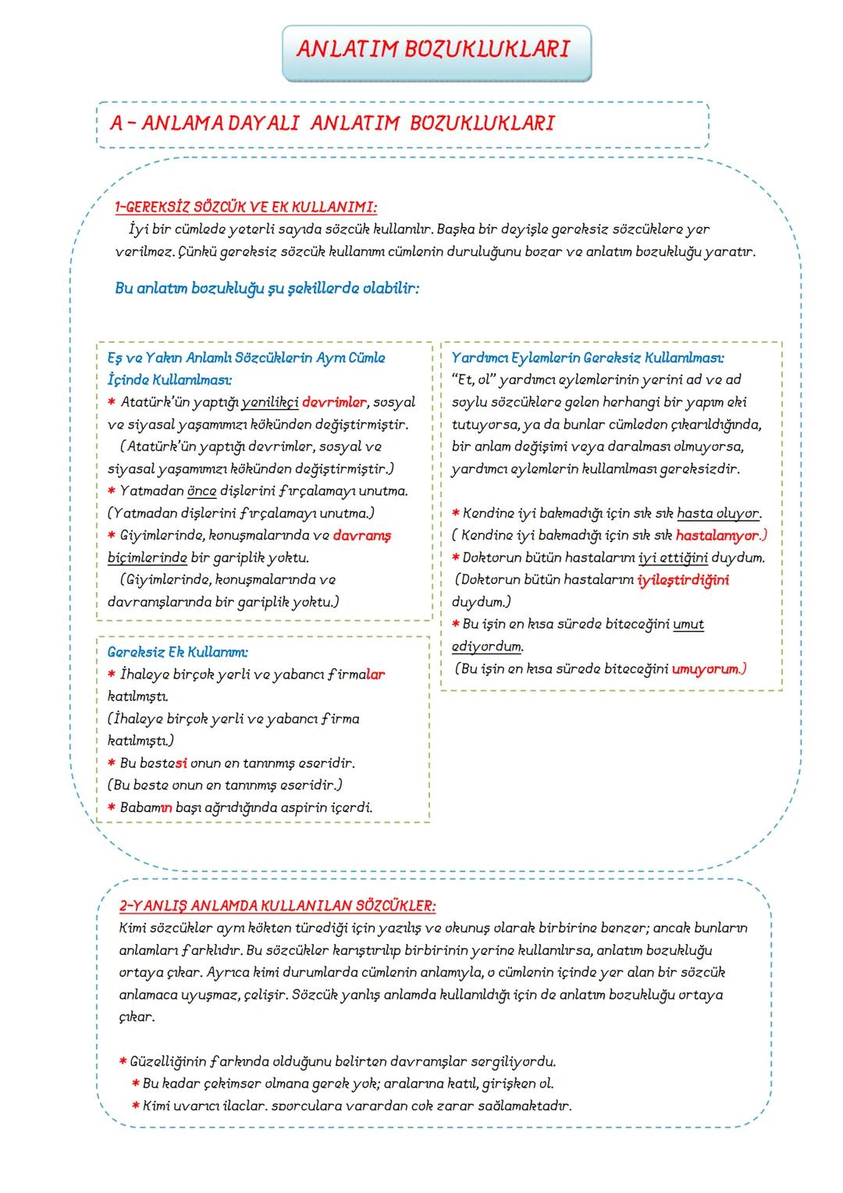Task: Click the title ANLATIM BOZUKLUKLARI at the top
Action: pos(432,49)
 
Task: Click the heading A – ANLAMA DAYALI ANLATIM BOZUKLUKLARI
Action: pos(332,123)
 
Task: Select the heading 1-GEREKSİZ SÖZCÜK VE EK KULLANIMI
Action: pos(245,207)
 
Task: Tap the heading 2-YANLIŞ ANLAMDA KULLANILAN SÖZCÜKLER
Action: pos(277,906)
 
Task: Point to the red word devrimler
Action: pos(333,402)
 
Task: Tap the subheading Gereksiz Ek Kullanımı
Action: pos(177,651)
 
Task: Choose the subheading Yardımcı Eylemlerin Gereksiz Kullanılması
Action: pos(587,358)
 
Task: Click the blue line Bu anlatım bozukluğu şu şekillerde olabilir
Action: pos(266,287)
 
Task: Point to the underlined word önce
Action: pos(201,491)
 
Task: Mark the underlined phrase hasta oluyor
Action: pos(718,514)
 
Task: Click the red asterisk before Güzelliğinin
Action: pos(123,1062)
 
